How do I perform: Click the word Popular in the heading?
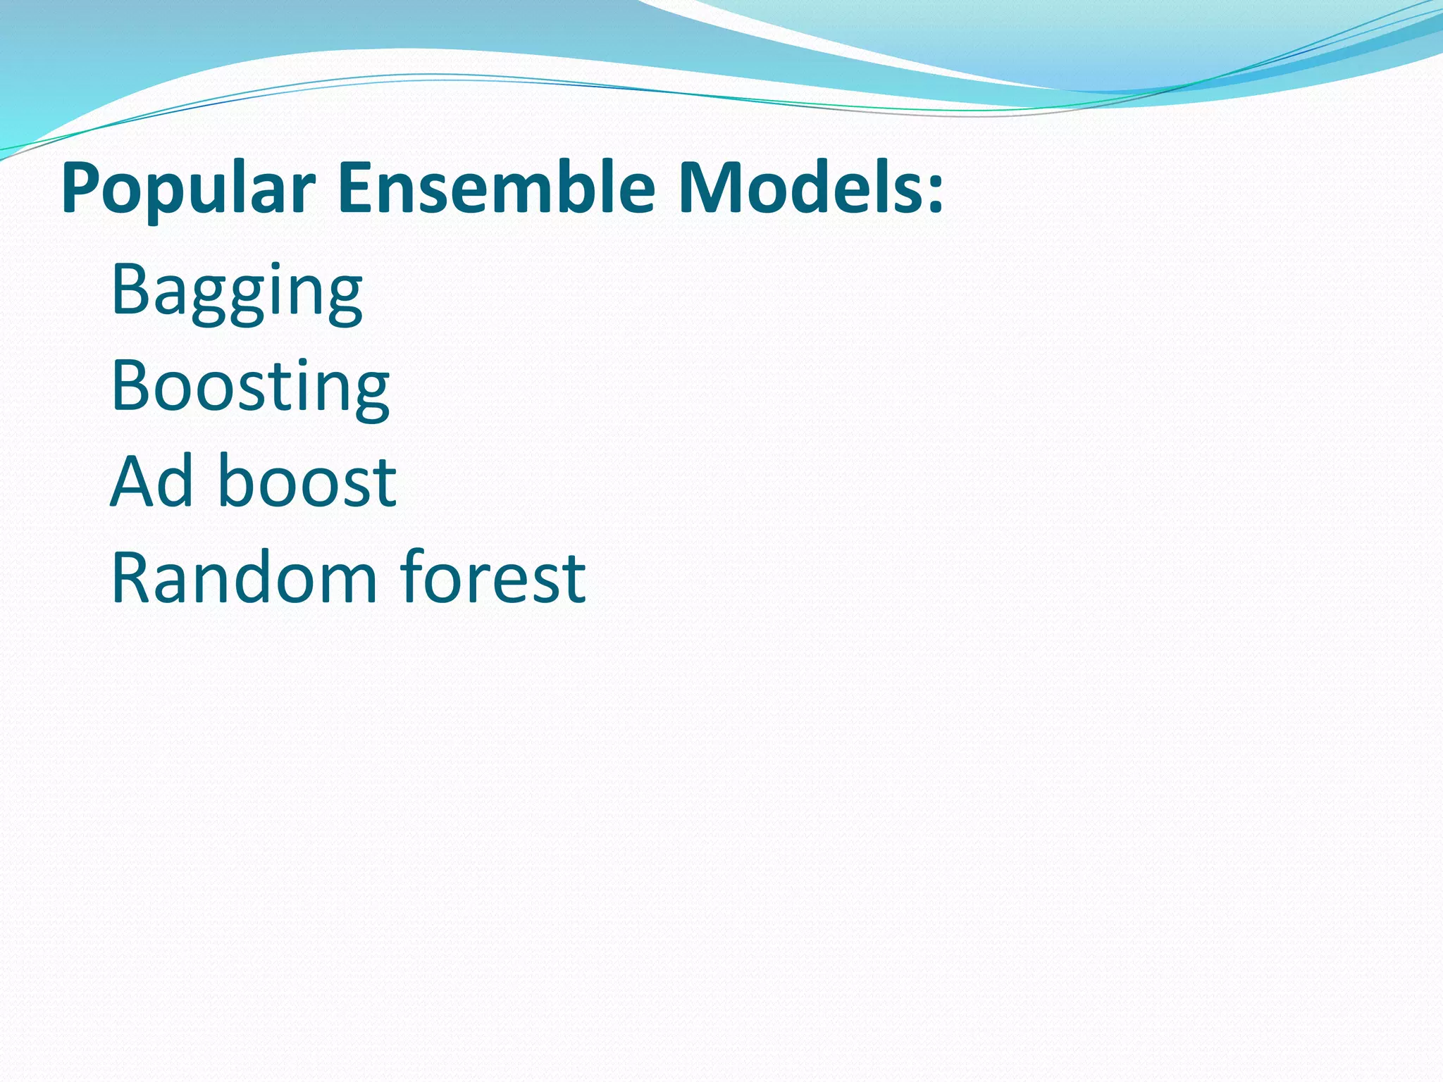pyautogui.click(x=187, y=189)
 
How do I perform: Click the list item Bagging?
pyautogui.click(x=237, y=290)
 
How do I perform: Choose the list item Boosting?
pyautogui.click(x=250, y=386)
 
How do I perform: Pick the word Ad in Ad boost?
pyautogui.click(x=152, y=481)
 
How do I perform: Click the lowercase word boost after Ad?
pyautogui.click(x=308, y=481)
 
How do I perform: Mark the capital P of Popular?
pyautogui.click(x=80, y=189)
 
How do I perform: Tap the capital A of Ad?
pyautogui.click(x=134, y=481)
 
